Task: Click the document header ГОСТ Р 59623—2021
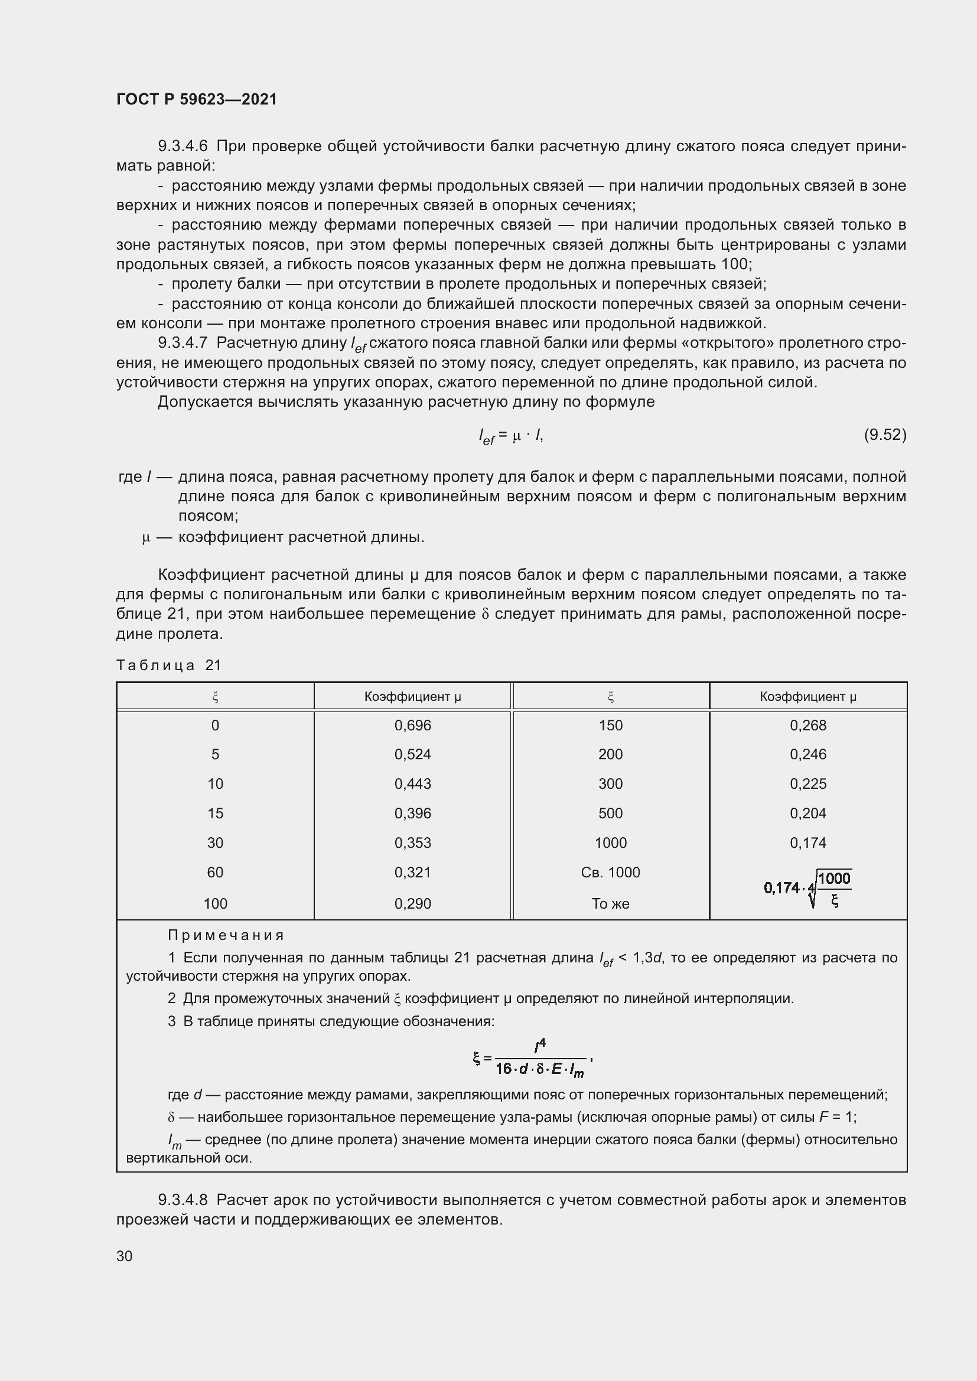pos(197,99)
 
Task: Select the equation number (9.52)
pos(884,435)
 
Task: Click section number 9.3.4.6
pos(183,146)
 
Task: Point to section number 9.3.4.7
pos(183,343)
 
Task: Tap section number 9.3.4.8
pos(183,1200)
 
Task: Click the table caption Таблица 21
pos(169,665)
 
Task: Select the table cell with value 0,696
pos(413,726)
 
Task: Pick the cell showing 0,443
pos(413,783)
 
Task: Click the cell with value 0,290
pos(413,903)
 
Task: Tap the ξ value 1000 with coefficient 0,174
pos(610,843)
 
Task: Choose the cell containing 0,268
pos(808,726)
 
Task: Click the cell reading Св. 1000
pos(610,872)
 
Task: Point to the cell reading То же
pos(610,903)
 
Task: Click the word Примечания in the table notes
pos(226,935)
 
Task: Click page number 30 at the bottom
pos(125,1256)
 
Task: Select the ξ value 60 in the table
pos(215,872)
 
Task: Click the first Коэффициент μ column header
pos(413,697)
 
